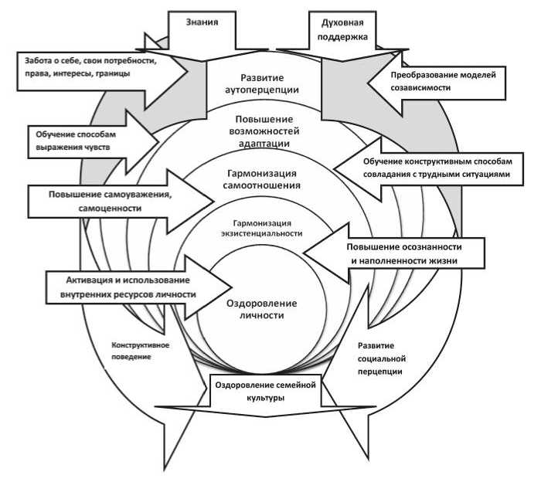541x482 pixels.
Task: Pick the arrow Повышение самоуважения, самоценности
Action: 108,202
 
